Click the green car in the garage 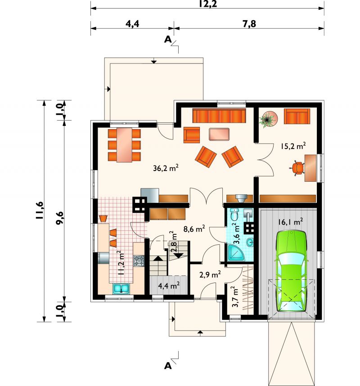point(291,271)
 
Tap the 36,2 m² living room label point(166,168)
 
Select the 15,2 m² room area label point(293,146)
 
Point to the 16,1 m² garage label point(291,222)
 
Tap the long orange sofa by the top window point(220,116)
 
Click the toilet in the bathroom point(234,214)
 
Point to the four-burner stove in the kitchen point(139,260)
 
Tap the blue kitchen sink point(121,289)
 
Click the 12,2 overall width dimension point(208,4)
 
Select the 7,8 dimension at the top point(249,24)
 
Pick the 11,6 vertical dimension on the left point(40,211)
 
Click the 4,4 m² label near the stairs point(169,286)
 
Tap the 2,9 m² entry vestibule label point(210,274)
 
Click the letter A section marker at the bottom point(168,366)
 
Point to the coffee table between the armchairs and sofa point(219,134)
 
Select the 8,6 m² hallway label point(194,229)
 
